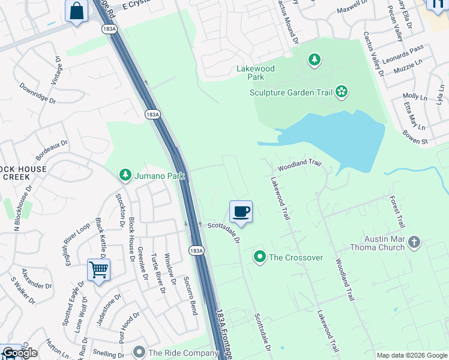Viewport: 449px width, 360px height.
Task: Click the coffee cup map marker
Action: point(241,211)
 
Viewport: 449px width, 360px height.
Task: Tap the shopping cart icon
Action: point(98,269)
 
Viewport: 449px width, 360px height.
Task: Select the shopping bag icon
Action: point(77,11)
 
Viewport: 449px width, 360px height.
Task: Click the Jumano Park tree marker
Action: point(125,175)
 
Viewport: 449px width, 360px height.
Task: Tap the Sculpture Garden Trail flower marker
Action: point(342,92)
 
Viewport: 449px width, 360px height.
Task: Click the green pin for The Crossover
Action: point(260,257)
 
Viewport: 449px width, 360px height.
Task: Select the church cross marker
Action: point(414,242)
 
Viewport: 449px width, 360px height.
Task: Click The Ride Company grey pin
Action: point(139,352)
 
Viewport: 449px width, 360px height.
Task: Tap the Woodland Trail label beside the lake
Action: point(300,163)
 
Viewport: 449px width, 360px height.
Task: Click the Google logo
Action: point(20,353)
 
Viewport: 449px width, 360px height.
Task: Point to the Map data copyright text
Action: point(412,355)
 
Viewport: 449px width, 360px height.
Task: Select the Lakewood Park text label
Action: point(256,73)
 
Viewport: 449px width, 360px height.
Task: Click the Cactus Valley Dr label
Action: point(373,55)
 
